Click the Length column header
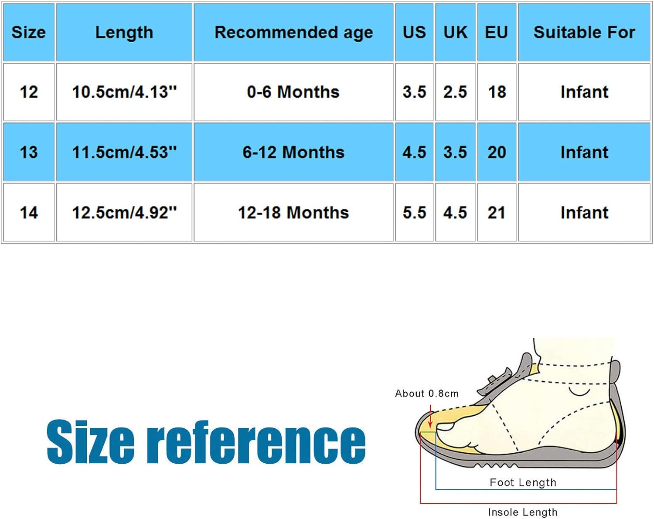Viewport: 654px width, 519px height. tap(124, 33)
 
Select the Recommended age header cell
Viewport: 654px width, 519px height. tap(293, 33)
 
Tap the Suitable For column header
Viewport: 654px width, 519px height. tap(584, 33)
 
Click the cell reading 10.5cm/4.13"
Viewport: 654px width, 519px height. tap(124, 92)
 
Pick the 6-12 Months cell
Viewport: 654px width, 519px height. tap(293, 152)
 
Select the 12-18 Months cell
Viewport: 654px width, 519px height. tap(293, 212)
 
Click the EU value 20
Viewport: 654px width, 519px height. tap(497, 152)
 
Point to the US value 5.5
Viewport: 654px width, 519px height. tap(414, 212)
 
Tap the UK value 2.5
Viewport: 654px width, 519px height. tap(455, 92)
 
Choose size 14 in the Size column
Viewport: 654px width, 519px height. tap(29, 212)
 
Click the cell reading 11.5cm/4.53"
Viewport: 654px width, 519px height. tap(124, 152)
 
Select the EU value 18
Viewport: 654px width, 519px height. tap(497, 92)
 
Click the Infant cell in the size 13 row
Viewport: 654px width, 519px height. tap(584, 152)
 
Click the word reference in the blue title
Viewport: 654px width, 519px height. tap(256, 442)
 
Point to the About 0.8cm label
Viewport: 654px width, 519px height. tap(427, 393)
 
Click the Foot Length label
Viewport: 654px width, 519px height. tap(523, 482)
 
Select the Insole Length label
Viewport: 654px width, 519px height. tap(523, 512)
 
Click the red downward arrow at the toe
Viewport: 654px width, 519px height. tap(430, 416)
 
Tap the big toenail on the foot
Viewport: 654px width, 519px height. tap(444, 427)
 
